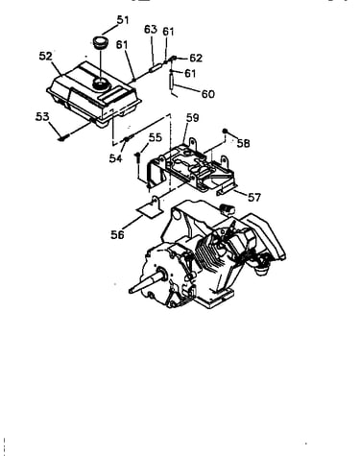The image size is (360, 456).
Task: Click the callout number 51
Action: tap(123, 20)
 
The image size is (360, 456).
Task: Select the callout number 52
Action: tap(45, 56)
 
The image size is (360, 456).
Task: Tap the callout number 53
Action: tap(42, 116)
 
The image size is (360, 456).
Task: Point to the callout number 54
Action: tap(115, 158)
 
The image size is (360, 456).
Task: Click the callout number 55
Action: tap(156, 137)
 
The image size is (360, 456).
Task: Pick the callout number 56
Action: tap(117, 234)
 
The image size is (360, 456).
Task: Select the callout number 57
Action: tap(254, 197)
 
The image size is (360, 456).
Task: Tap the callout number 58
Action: tap(243, 143)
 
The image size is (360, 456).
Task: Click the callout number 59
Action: tap(193, 118)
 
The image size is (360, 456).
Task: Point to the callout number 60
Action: tap(208, 94)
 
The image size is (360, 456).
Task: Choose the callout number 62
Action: tap(196, 58)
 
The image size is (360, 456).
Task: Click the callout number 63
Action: tap(151, 29)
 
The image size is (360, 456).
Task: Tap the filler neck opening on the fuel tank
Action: tap(101, 84)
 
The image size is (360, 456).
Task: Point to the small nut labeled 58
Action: tap(225, 131)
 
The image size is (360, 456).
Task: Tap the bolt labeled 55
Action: tap(137, 156)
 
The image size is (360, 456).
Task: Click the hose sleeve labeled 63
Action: tap(155, 68)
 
